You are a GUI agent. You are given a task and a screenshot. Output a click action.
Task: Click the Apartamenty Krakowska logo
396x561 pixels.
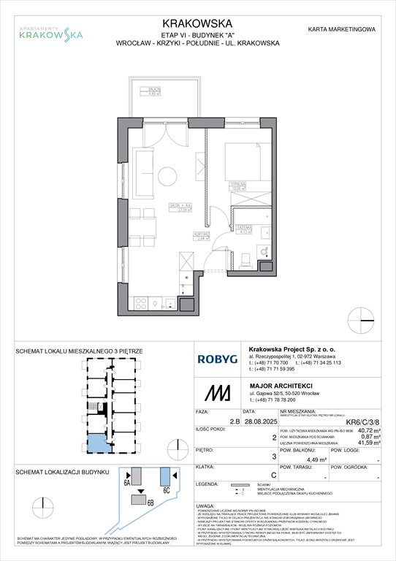pyautogui.click(x=50, y=30)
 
